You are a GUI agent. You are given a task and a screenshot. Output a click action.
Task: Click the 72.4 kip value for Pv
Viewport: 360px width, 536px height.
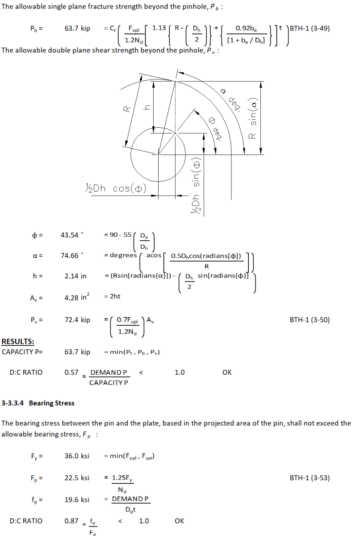click(77, 320)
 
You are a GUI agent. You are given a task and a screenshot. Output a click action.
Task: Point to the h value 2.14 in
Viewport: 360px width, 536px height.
click(75, 276)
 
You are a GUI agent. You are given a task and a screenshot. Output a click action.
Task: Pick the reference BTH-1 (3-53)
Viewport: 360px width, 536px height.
click(310, 478)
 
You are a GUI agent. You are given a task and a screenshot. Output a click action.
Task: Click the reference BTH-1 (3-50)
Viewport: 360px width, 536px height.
click(310, 320)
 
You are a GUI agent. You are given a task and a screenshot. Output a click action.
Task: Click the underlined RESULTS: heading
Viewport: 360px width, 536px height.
click(18, 342)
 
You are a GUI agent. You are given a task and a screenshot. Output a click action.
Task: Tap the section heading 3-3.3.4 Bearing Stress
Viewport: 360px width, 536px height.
click(38, 403)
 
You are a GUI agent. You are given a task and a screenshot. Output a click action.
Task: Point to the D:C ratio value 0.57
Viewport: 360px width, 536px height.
click(71, 372)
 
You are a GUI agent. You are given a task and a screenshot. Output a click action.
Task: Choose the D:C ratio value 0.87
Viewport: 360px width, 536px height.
click(71, 521)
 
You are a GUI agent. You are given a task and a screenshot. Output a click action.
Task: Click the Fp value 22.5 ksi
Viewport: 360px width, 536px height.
click(77, 478)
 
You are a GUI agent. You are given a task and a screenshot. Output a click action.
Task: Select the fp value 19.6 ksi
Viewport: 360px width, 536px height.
click(77, 500)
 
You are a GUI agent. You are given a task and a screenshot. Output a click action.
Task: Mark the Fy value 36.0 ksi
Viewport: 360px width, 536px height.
click(77, 456)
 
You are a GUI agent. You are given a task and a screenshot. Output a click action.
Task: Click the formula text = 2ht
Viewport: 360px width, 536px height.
click(112, 297)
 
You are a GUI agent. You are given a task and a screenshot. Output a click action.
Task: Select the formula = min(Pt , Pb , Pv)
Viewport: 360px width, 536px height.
click(132, 352)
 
